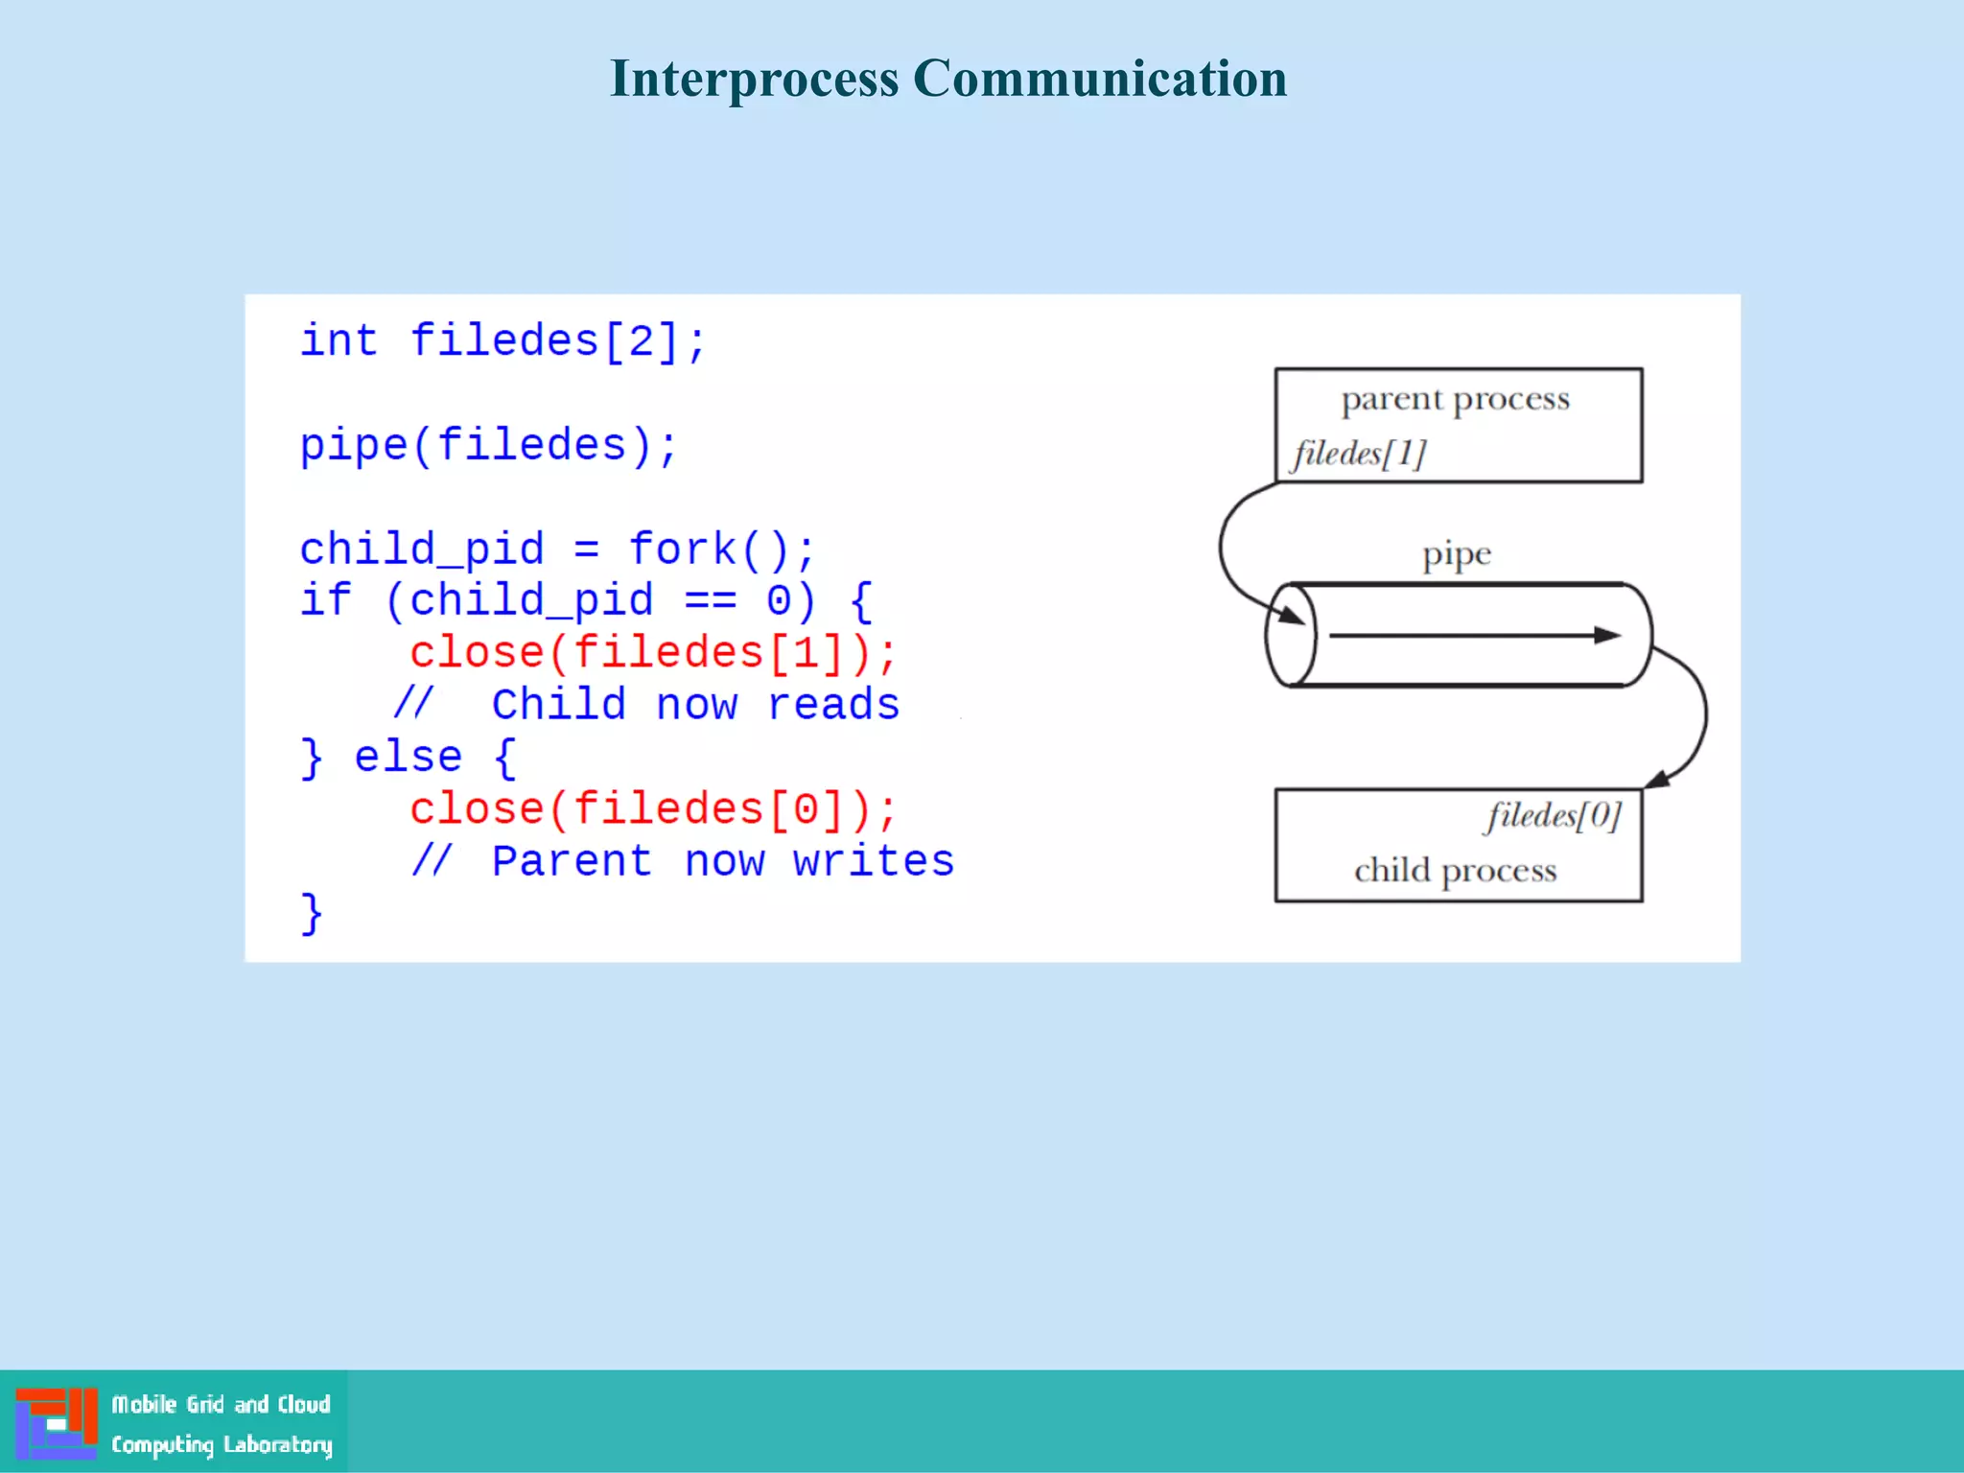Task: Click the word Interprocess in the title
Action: [754, 79]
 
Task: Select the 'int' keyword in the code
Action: [339, 341]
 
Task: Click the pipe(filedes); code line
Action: [489, 446]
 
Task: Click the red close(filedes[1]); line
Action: [653, 653]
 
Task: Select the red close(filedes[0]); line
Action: [653, 809]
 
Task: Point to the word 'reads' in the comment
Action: [833, 705]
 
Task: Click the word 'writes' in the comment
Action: [873, 861]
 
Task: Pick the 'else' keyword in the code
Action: [409, 758]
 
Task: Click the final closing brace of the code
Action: [312, 913]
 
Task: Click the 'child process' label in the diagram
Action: [1455, 871]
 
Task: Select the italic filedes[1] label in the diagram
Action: [1359, 454]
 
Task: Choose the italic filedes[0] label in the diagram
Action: [1554, 816]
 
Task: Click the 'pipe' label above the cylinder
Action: [1456, 555]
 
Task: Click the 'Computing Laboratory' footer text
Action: [222, 1444]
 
